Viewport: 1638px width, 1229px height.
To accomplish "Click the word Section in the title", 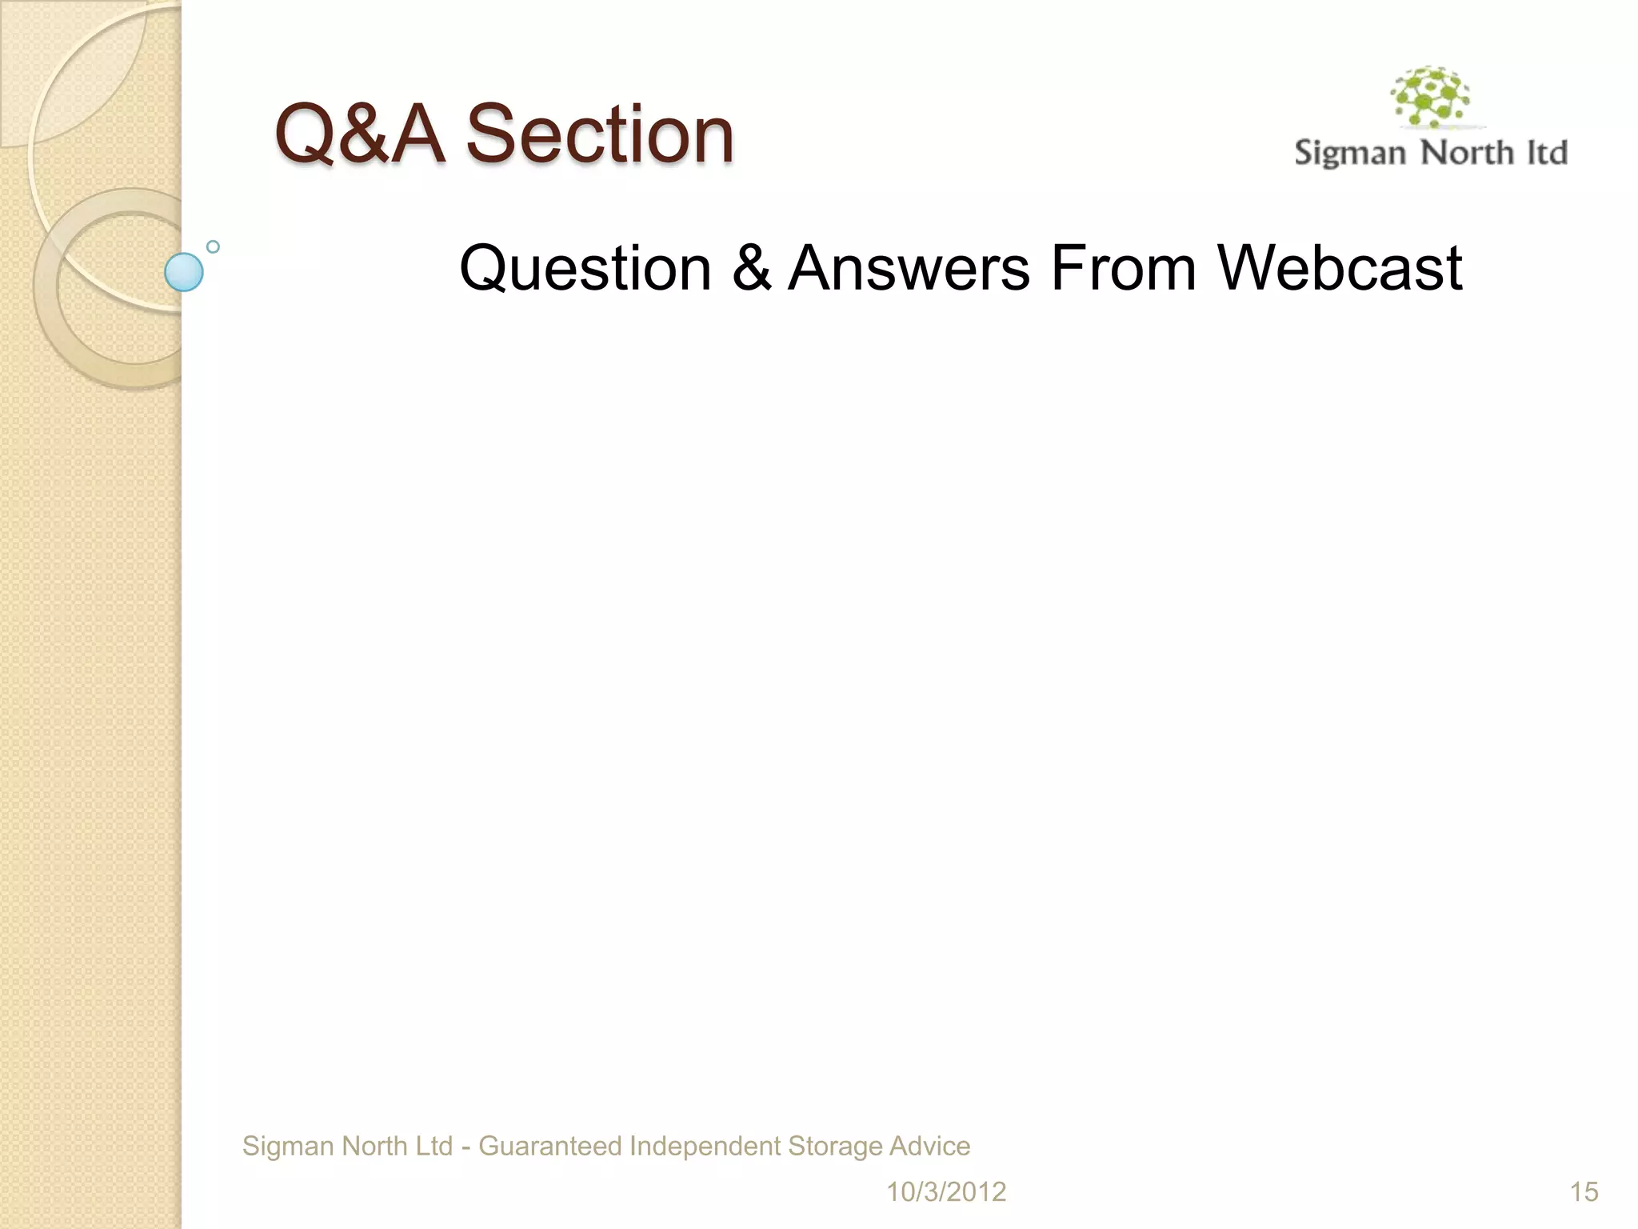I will pyautogui.click(x=600, y=134).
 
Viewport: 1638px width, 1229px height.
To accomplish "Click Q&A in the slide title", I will pyautogui.click(x=359, y=134).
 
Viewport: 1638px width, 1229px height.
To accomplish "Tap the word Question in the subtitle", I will pyautogui.click(x=585, y=268).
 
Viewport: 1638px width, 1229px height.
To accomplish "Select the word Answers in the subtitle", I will pyautogui.click(x=909, y=268).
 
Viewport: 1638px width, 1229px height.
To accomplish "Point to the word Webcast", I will pyautogui.click(x=1340, y=268).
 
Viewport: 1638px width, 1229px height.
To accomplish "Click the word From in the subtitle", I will pyautogui.click(x=1123, y=268).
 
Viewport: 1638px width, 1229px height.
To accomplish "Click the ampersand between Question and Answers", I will pyautogui.click(x=750, y=268).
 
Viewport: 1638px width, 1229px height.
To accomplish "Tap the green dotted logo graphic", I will pyautogui.click(x=1431, y=98).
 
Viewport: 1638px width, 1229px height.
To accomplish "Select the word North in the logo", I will pyautogui.click(x=1467, y=152).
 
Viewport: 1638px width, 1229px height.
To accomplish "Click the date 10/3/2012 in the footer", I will pyautogui.click(x=945, y=1192).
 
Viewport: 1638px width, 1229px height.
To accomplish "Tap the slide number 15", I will pyautogui.click(x=1583, y=1192).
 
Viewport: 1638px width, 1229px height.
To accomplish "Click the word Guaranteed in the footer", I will pyautogui.click(x=549, y=1147).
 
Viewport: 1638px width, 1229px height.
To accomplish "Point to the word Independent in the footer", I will pyautogui.click(x=705, y=1147).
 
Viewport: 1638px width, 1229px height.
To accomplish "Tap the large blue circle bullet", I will pyautogui.click(x=184, y=272).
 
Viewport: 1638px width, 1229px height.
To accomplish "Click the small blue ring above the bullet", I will pyautogui.click(x=213, y=246).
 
